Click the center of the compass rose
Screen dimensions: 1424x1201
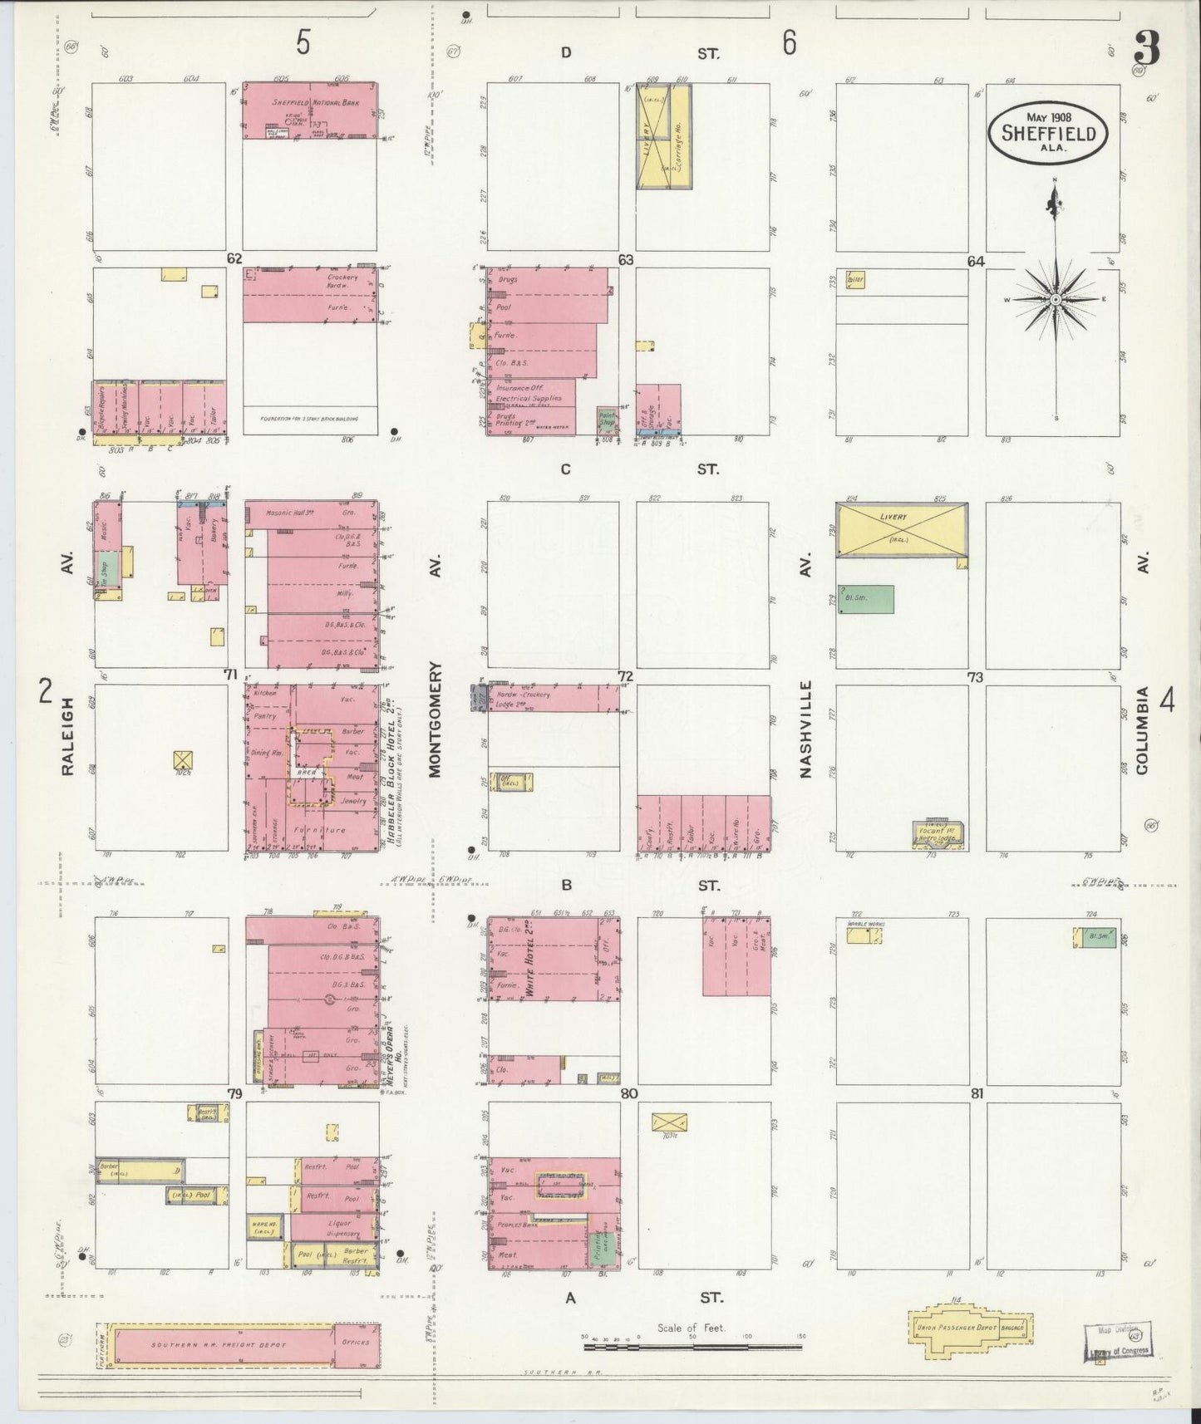click(1055, 299)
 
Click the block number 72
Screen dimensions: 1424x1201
click(625, 676)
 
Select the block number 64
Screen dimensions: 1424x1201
click(975, 261)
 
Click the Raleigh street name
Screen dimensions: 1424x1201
click(67, 736)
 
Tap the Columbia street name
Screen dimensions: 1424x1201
click(1142, 730)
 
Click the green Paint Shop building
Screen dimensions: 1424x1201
click(608, 420)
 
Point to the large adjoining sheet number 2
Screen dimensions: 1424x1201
click(46, 691)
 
